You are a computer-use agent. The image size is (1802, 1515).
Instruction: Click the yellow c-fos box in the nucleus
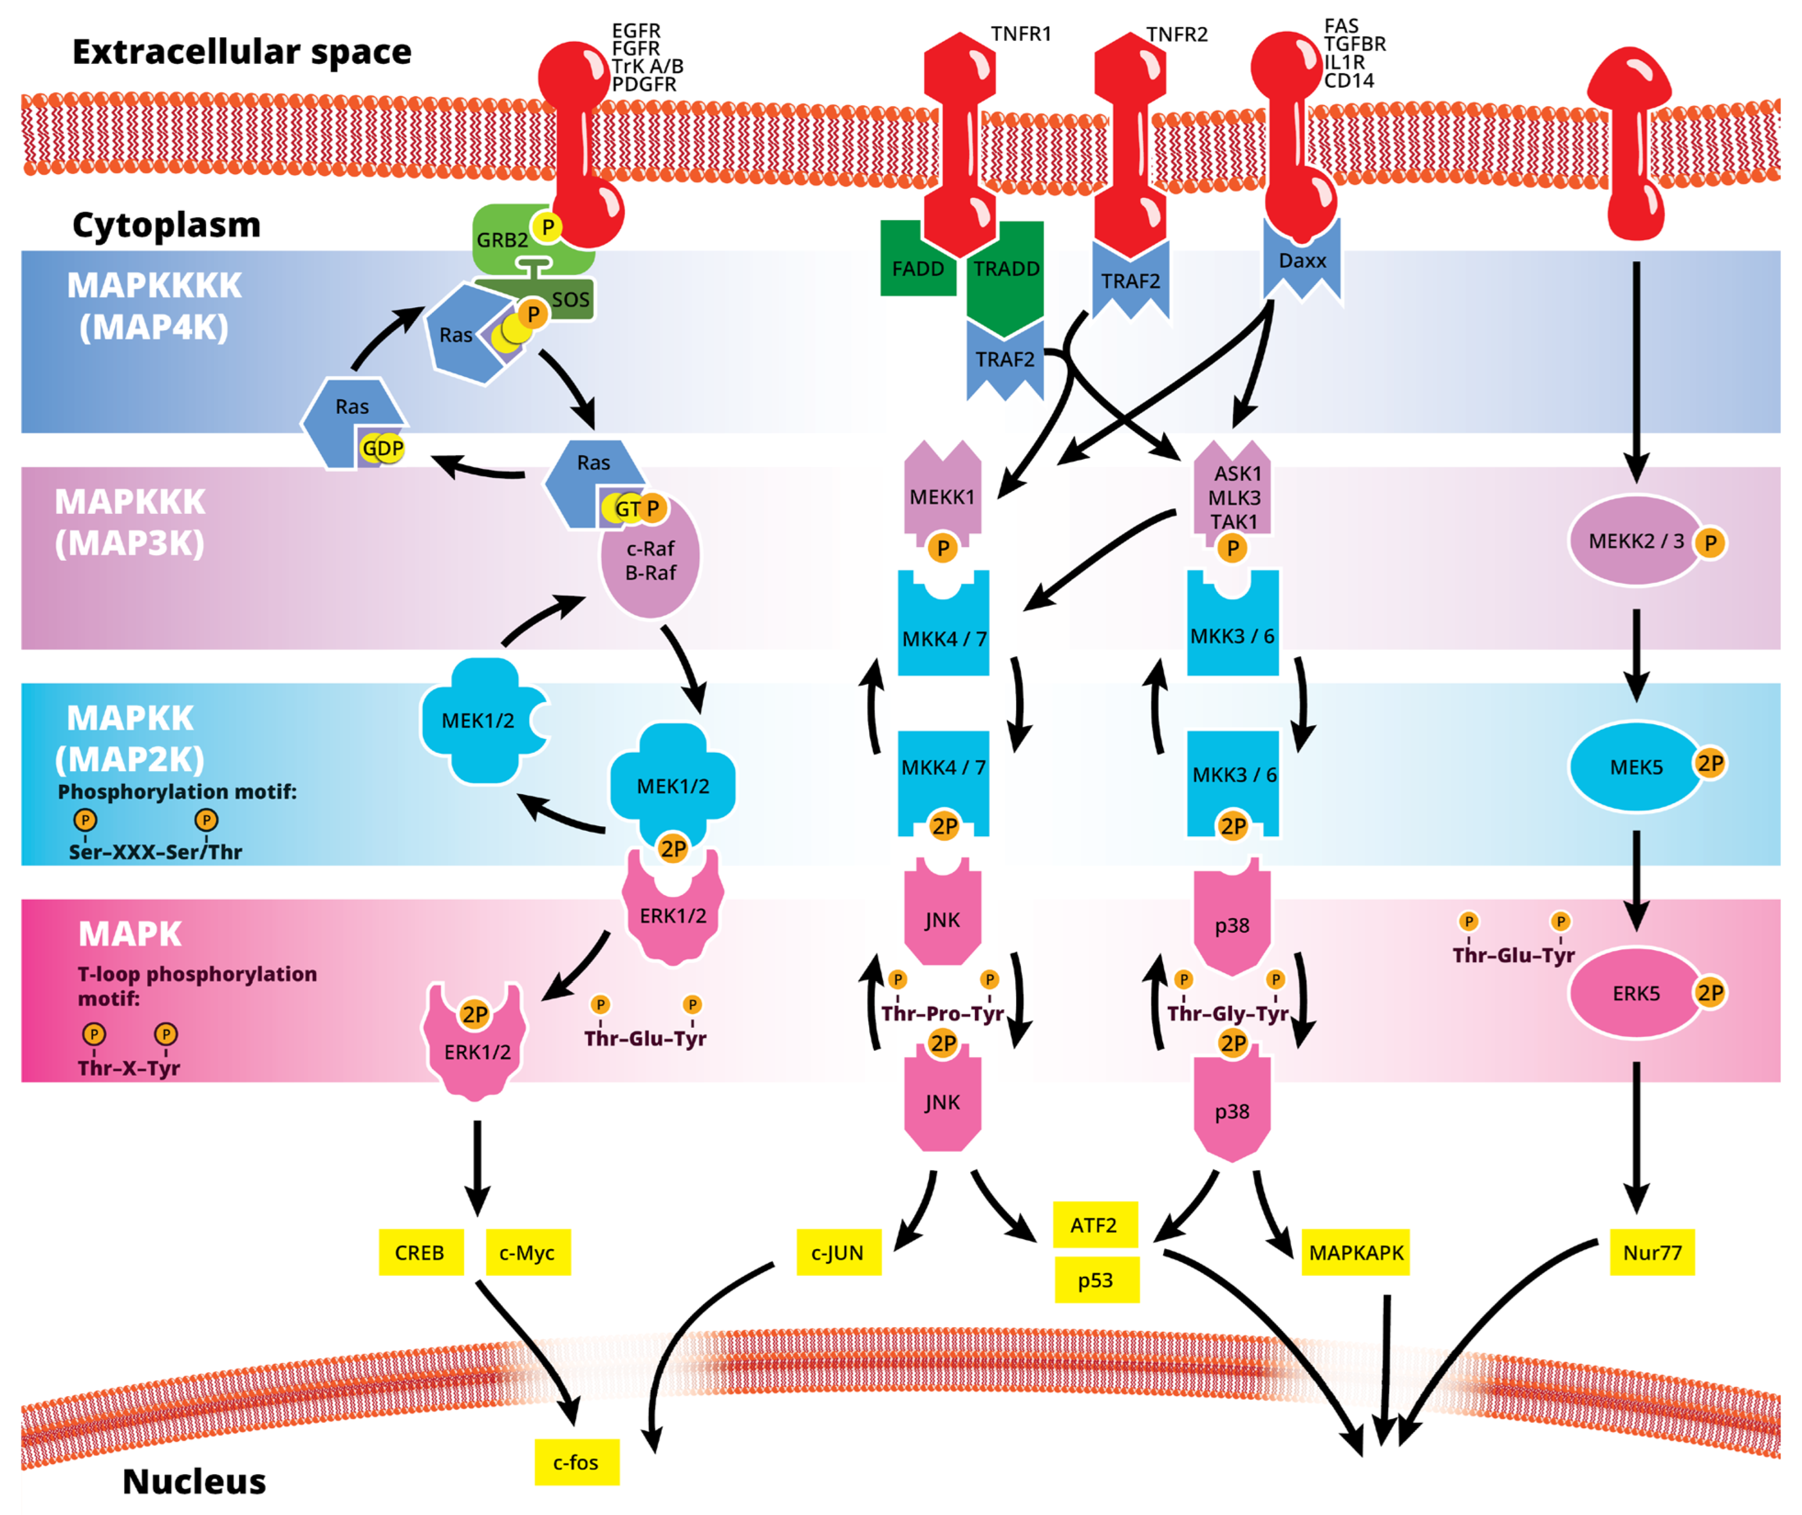pos(576,1462)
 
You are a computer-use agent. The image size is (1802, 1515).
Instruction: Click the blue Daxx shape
pos(1302,260)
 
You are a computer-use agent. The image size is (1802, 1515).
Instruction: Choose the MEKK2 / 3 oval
pos(1635,541)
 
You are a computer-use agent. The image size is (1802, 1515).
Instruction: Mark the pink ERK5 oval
pos(1635,993)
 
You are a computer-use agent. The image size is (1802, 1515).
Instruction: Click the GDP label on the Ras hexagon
pos(382,449)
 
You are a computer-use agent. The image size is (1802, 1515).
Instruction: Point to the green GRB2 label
pos(503,240)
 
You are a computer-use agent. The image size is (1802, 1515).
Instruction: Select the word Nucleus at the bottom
pos(194,1481)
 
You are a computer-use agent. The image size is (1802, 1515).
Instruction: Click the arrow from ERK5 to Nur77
pos(1636,1138)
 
